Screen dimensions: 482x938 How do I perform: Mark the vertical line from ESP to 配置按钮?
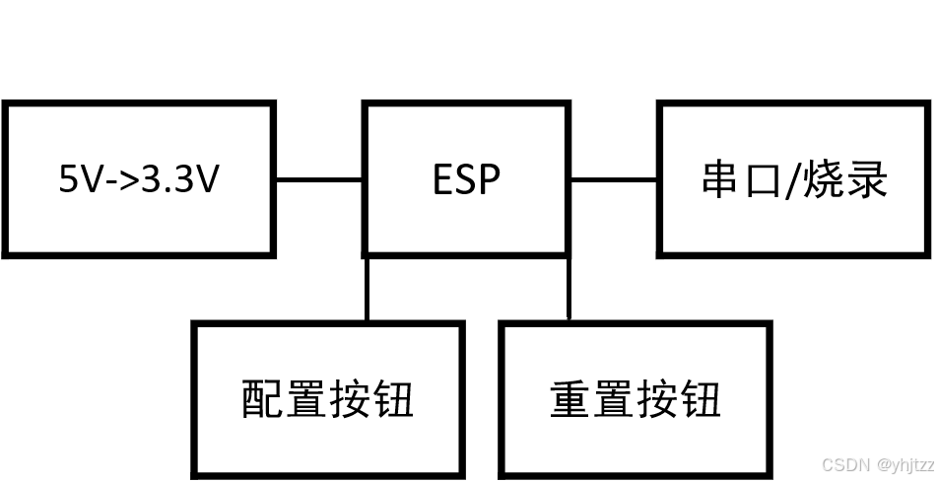pos(368,289)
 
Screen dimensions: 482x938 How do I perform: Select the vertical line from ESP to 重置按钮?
pos(569,289)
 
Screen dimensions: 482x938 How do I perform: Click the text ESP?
pos(467,180)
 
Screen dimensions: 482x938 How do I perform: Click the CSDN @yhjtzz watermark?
pos(876,463)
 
